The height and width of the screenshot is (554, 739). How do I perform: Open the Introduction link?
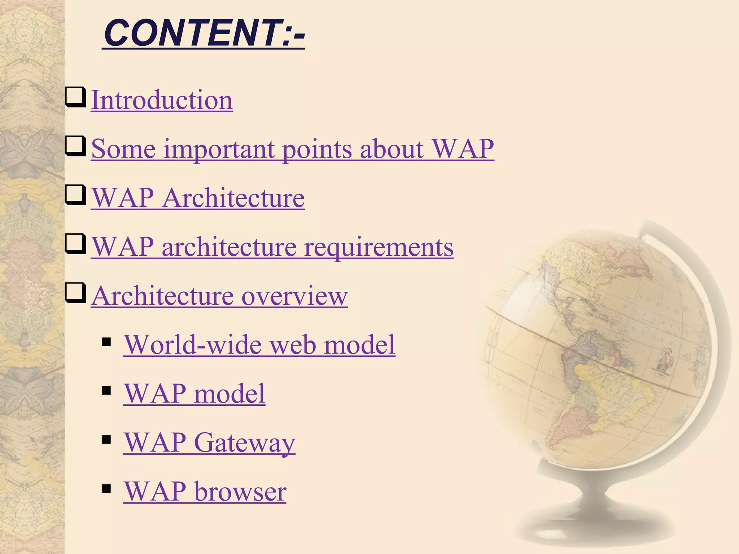(x=162, y=100)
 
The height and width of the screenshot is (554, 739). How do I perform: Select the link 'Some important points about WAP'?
(x=292, y=149)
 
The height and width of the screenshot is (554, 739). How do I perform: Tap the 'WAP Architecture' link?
(x=198, y=198)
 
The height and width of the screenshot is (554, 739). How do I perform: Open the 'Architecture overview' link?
(x=219, y=296)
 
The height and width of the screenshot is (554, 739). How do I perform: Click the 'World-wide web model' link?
(x=259, y=344)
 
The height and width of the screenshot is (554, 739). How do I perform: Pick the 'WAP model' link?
(x=194, y=393)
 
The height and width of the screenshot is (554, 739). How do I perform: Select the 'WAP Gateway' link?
(x=209, y=442)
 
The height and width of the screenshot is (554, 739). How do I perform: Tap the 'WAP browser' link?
(x=205, y=491)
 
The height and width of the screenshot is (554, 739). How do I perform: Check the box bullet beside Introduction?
(x=76, y=97)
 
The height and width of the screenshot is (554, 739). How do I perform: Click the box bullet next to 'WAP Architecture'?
(x=76, y=195)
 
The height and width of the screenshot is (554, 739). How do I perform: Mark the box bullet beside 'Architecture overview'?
(x=76, y=293)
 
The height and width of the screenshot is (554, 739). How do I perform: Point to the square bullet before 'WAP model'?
(x=106, y=391)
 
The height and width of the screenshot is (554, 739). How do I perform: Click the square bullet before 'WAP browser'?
(x=106, y=488)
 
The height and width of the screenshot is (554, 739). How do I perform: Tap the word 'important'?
(x=219, y=149)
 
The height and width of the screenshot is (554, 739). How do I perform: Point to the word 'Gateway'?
(x=245, y=442)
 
